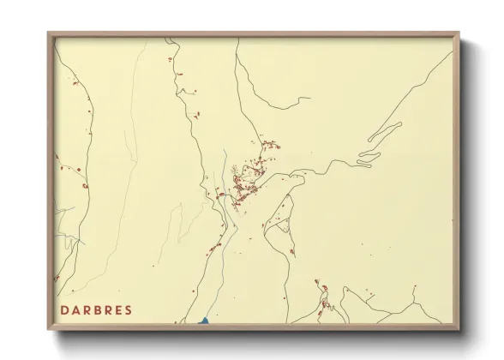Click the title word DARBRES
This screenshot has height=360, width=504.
pos(96,309)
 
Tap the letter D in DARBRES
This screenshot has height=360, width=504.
pos(65,309)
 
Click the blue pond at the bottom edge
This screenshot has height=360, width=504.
pos(205,321)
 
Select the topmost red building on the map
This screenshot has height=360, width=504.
pos(170,58)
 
